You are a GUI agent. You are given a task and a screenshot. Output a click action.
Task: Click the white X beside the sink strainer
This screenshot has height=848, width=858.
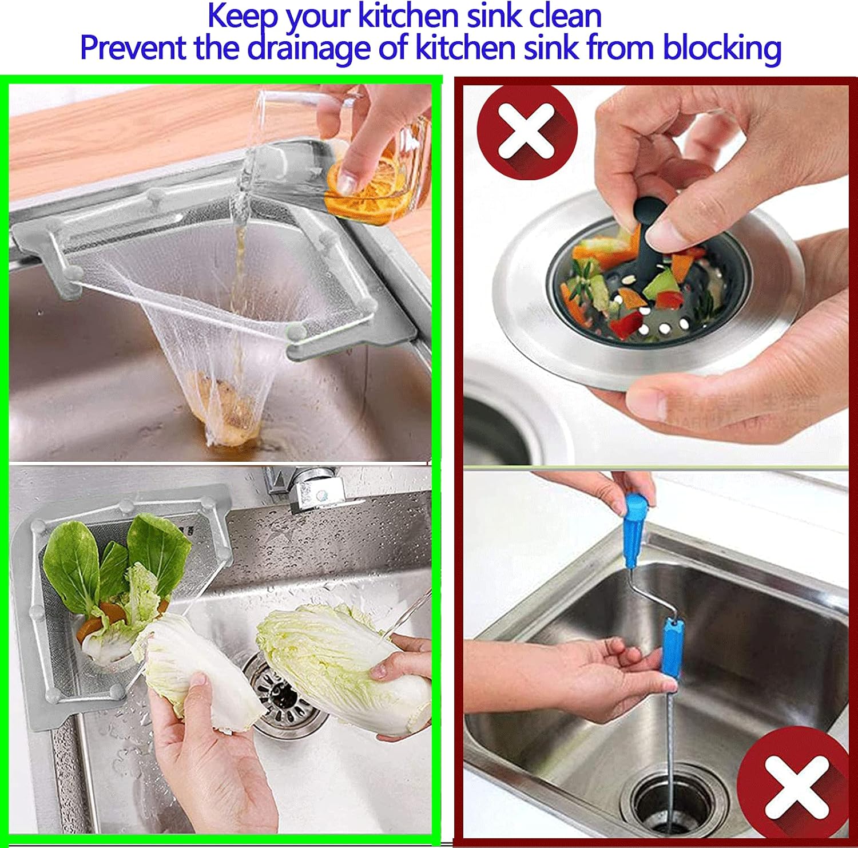[x=527, y=132]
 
